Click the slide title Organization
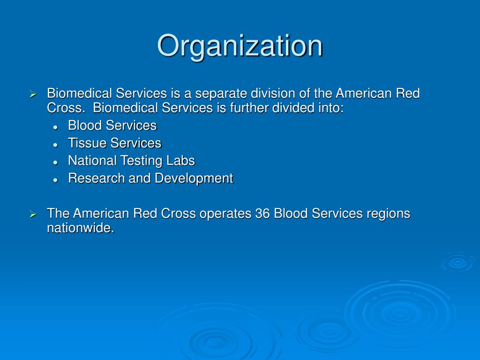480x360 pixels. pyautogui.click(x=240, y=46)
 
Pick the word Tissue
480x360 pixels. pyautogui.click(x=87, y=143)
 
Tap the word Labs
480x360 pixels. pyautogui.click(x=180, y=161)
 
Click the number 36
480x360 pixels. pyautogui.click(x=262, y=214)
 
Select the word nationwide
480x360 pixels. pyautogui.click(x=80, y=228)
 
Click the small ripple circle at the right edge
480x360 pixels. pyautogui.click(x=457, y=262)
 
